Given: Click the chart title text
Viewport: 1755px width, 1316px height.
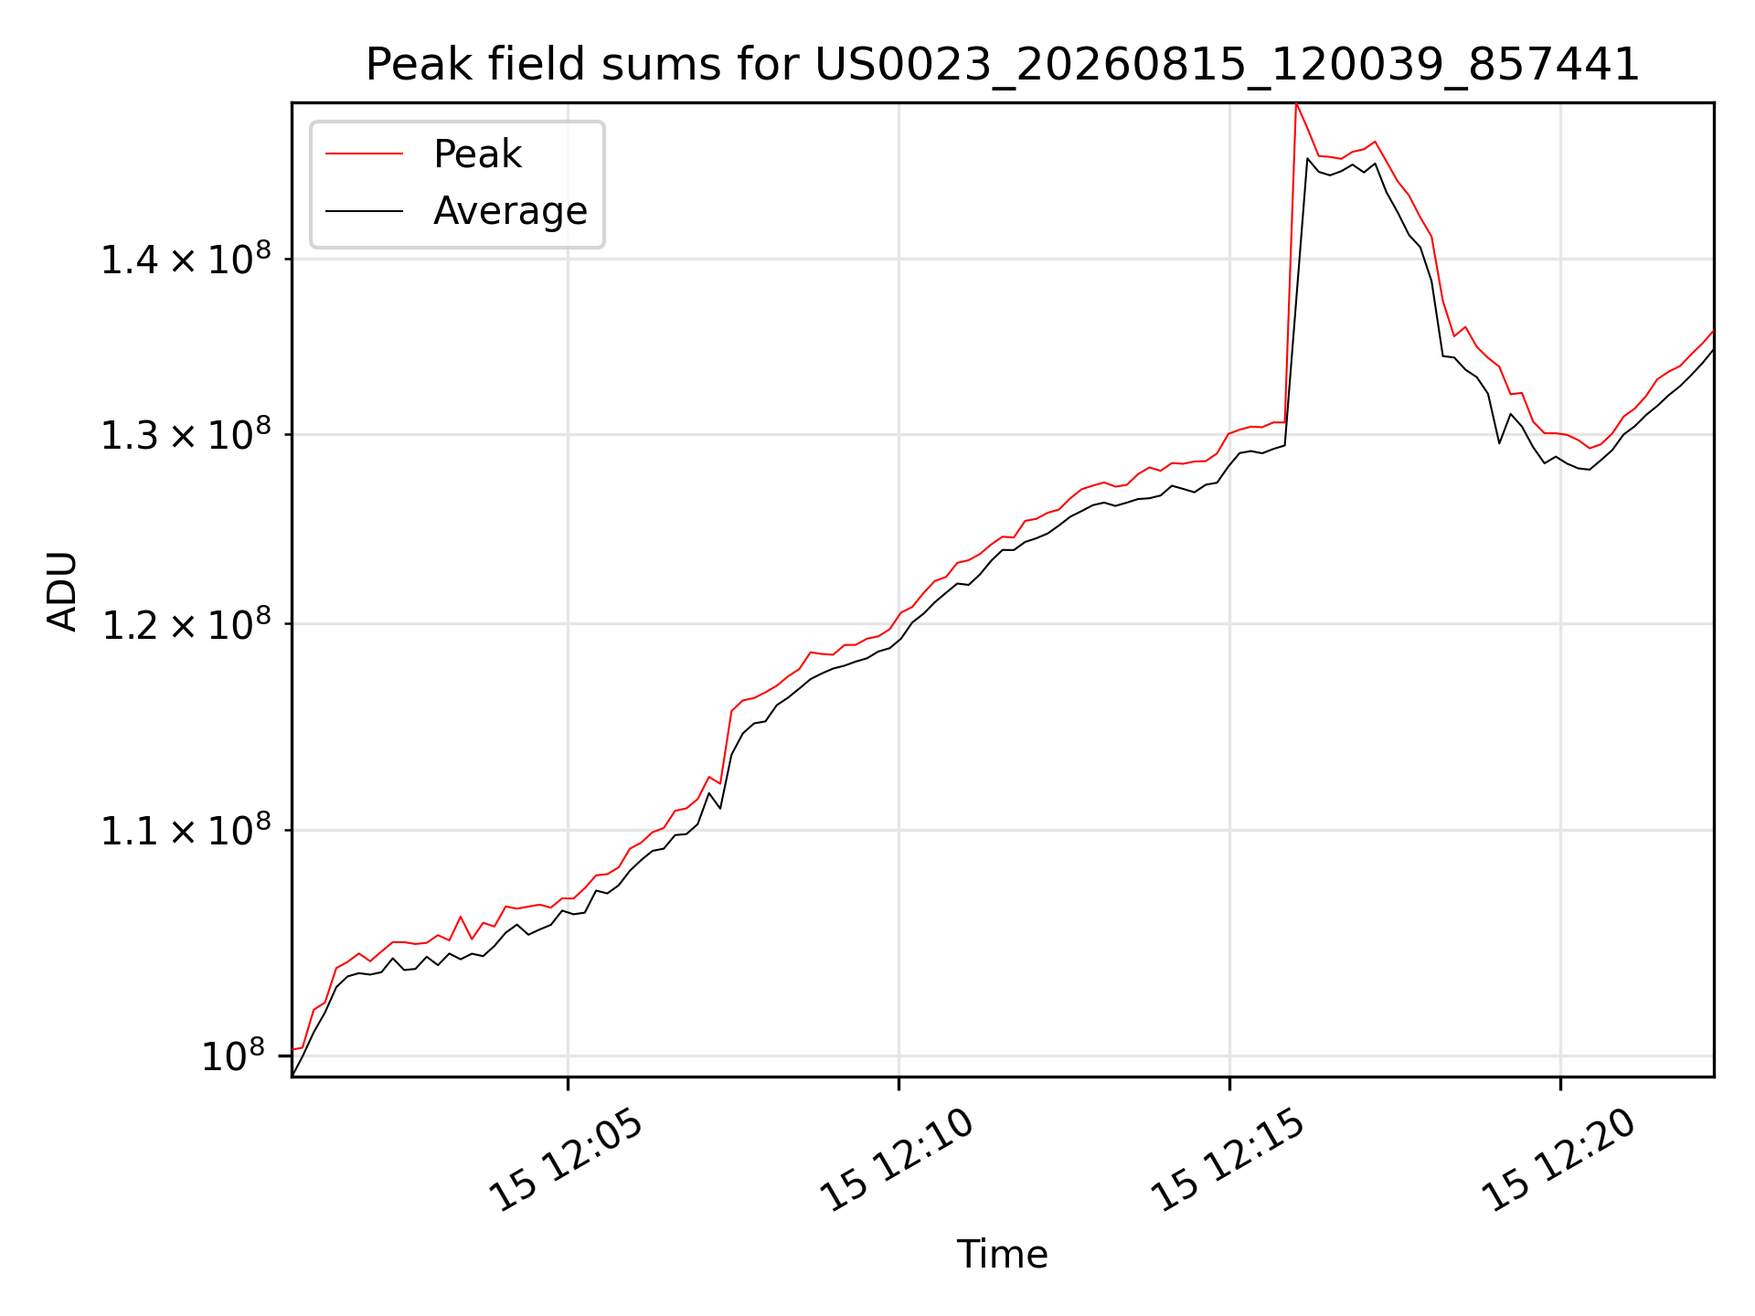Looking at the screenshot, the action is click(x=1003, y=65).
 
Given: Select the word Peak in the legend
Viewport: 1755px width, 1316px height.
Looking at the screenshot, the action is click(x=477, y=154).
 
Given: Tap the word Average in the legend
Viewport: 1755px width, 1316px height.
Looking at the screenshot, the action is click(x=510, y=211).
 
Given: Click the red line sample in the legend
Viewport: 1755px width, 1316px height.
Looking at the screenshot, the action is click(x=364, y=154).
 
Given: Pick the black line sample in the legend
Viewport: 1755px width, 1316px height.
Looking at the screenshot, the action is click(x=364, y=211).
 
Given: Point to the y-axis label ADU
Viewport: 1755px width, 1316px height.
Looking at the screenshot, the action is click(x=63, y=590).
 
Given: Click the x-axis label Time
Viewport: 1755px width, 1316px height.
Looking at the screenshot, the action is click(x=1002, y=1254).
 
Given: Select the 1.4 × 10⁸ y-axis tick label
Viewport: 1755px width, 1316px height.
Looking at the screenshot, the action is click(x=186, y=259).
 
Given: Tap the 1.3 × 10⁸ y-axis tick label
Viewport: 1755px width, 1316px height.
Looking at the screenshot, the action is click(x=186, y=434).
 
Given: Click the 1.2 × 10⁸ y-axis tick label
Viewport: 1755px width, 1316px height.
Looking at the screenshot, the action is click(x=186, y=624).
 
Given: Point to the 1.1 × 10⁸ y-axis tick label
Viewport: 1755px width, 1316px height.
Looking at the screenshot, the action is click(x=186, y=830).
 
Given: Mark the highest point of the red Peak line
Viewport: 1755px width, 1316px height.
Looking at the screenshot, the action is click(x=1296, y=103).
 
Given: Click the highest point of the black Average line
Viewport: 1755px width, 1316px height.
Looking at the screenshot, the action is click(x=1308, y=159).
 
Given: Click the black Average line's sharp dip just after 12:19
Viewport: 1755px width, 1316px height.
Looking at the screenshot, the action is click(x=1499, y=443).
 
